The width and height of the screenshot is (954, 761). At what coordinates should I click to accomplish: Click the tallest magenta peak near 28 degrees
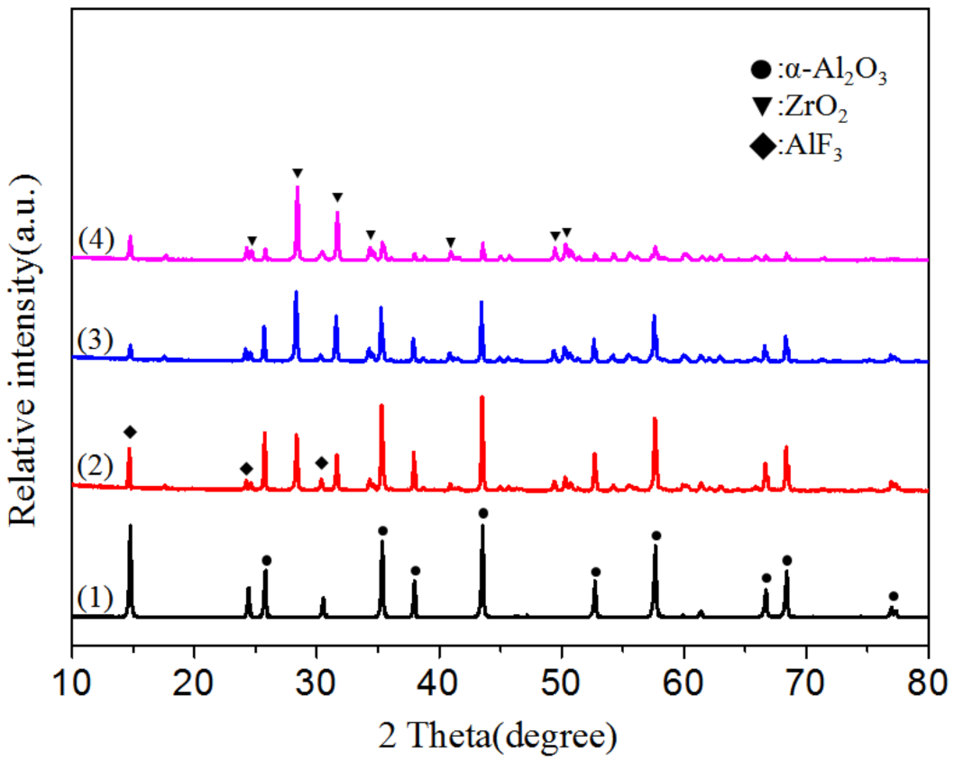tap(298, 188)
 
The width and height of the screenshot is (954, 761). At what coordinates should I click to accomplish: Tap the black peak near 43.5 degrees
tap(482, 527)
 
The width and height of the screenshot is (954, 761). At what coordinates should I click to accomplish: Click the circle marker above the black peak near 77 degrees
tap(893, 596)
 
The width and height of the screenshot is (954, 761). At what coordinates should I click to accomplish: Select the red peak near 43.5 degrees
tap(482, 398)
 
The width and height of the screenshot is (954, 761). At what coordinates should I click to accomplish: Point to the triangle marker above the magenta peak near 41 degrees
tap(451, 242)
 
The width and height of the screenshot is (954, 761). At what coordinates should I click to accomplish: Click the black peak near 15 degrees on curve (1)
tap(130, 527)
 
